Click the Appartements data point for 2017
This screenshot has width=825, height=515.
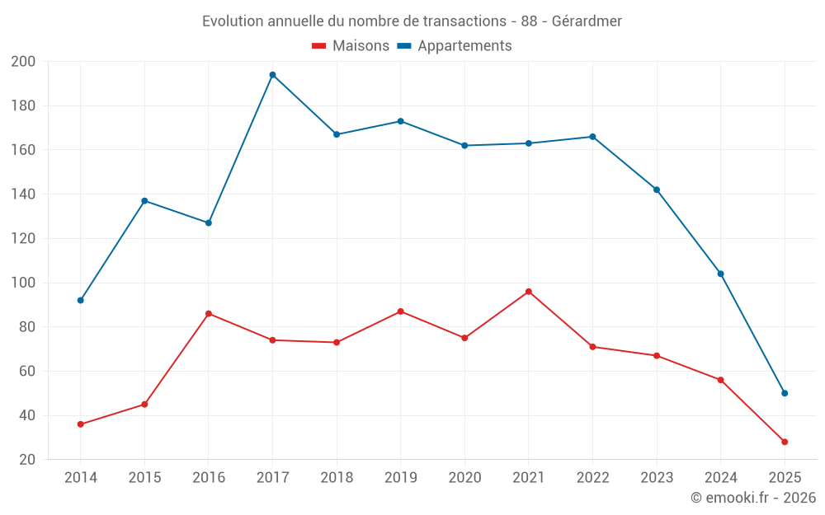[x=272, y=75]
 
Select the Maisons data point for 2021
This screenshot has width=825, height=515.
[x=529, y=292]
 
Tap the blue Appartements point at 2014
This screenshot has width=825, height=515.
[x=81, y=300]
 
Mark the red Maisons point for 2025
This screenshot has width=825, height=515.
[x=785, y=442]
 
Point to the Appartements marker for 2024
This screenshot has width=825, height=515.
[x=720, y=274]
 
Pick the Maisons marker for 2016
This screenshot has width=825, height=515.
[x=209, y=313]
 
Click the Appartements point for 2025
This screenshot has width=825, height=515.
[x=785, y=393]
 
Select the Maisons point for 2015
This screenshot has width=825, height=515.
[x=144, y=404]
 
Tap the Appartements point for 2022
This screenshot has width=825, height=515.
[x=592, y=137]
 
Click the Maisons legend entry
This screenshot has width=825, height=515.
[x=351, y=46]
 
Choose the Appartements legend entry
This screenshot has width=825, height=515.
[x=455, y=46]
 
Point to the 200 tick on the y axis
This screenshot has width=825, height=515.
[x=23, y=62]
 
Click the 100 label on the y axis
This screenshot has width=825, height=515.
[x=23, y=283]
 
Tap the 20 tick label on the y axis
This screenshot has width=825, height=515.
[x=26, y=460]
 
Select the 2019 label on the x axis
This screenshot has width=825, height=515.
[x=400, y=478]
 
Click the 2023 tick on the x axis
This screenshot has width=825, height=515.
[x=657, y=478]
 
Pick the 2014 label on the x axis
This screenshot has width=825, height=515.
[x=81, y=478]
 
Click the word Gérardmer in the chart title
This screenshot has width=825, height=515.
[x=587, y=21]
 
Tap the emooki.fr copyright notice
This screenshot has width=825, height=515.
[x=752, y=498]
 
